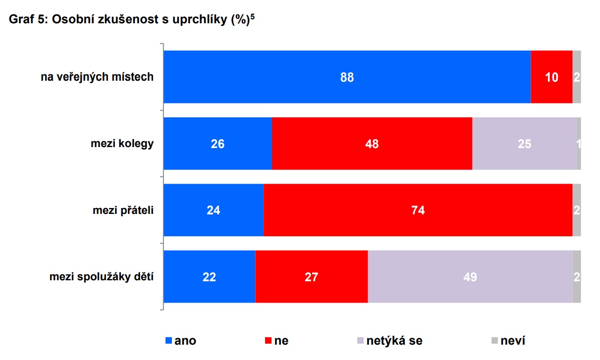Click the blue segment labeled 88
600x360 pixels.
point(347,77)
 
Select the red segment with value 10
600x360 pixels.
point(551,77)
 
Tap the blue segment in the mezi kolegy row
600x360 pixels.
point(218,144)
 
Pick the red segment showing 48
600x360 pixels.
point(372,144)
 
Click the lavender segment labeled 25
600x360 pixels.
point(524,144)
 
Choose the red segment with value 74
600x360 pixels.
point(418,210)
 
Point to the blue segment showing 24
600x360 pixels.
point(214,210)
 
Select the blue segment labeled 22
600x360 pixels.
point(209,277)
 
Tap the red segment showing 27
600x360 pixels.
point(311,277)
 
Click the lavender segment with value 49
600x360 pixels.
point(470,277)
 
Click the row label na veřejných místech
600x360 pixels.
point(97,77)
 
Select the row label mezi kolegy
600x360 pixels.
point(122,144)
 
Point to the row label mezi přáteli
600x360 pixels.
point(123,210)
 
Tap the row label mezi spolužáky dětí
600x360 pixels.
point(101,277)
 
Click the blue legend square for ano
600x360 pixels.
point(168,341)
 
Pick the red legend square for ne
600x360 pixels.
point(269,341)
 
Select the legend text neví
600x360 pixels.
point(513,341)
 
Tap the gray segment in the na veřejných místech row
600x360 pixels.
point(577,77)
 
